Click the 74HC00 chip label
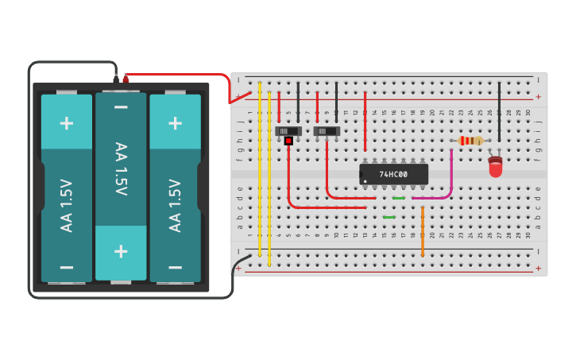coord(394,174)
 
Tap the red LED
coord(496,168)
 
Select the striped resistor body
coord(470,141)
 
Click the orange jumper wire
coord(422,232)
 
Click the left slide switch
coord(288,130)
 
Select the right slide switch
coord(327,130)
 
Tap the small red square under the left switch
coord(288,141)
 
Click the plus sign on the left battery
coord(67,122)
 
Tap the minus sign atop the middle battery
coord(121,107)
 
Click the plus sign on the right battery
coord(176,122)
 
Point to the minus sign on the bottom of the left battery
coord(67,267)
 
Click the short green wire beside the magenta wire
coord(399,198)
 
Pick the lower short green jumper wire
coord(389,217)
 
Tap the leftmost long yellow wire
coord(260,171)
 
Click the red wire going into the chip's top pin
coord(365,119)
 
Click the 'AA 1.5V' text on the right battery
coord(176,205)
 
